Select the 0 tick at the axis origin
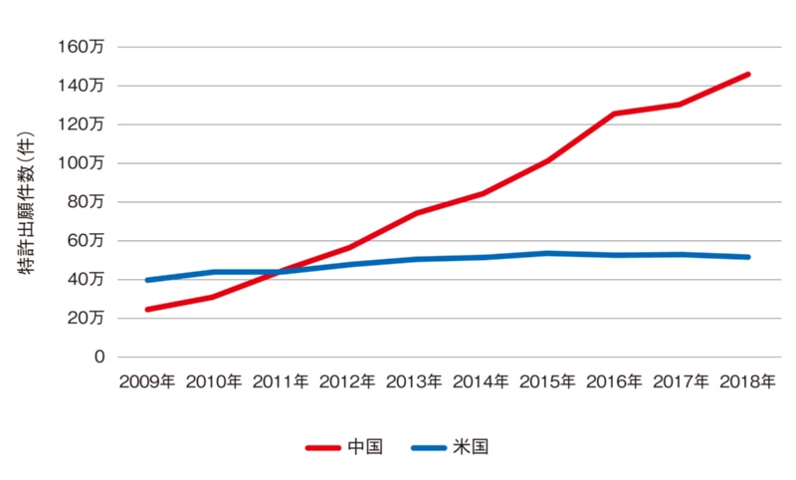point(99,357)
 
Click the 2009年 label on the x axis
point(146,381)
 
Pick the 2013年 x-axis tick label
point(413,381)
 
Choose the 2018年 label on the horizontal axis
point(747,381)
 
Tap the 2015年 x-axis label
point(546,381)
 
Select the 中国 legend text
point(364,447)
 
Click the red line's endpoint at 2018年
point(747,74)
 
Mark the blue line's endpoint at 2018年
point(747,257)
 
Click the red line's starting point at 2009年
point(147,310)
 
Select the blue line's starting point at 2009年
point(147,280)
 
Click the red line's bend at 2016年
point(614,114)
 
